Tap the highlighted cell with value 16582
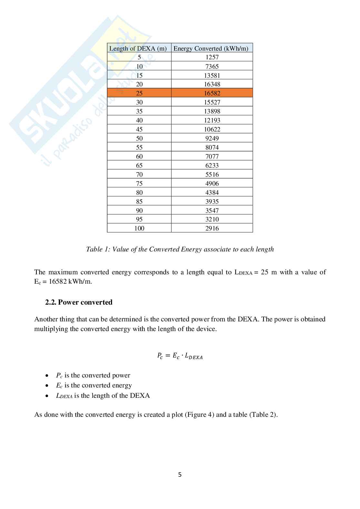[x=212, y=93]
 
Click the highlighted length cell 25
[x=139, y=93]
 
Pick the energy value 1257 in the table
[x=212, y=57]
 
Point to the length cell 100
[x=139, y=228]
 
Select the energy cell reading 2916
[x=212, y=228]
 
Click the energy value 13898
[x=212, y=111]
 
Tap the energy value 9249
[x=212, y=138]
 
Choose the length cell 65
[x=139, y=165]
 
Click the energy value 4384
[x=212, y=192]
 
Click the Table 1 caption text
[x=180, y=249]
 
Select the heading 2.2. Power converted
[x=79, y=302]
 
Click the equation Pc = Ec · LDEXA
[x=180, y=356]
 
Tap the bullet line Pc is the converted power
[x=93, y=375]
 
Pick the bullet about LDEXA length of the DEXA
[x=103, y=396]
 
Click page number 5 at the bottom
[x=180, y=475]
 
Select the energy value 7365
[x=212, y=66]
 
